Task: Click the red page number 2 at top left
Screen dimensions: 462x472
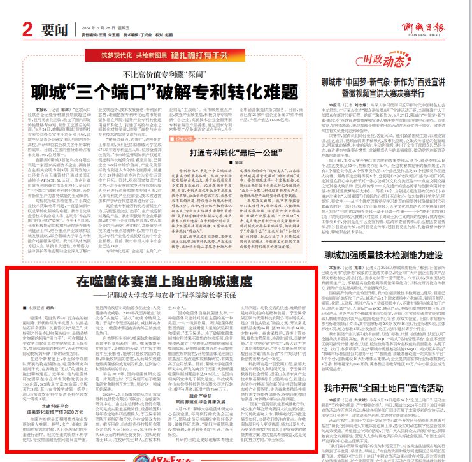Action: click(27, 29)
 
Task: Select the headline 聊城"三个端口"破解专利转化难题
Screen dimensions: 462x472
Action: click(174, 91)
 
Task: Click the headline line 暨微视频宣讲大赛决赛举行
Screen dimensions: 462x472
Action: click(395, 92)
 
